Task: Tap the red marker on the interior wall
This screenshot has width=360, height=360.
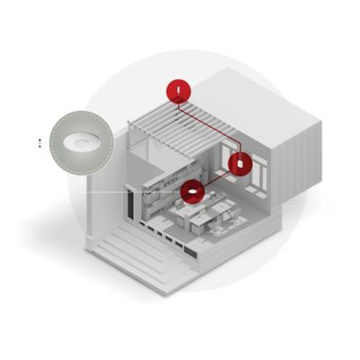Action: coord(240,164)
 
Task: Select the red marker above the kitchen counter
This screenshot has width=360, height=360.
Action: coord(192,192)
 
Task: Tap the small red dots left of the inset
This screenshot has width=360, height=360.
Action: coord(40,141)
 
